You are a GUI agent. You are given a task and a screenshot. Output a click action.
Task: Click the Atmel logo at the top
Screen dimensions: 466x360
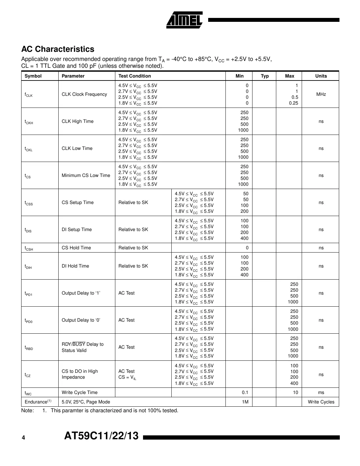[184, 20]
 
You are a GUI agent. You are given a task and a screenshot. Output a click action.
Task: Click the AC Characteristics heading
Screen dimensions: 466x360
[58, 49]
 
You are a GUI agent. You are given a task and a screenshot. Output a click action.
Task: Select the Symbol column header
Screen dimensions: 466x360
[33, 76]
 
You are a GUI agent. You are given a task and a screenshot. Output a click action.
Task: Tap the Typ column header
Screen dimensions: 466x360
[265, 76]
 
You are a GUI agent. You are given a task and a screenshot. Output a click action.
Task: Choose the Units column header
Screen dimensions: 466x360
[321, 76]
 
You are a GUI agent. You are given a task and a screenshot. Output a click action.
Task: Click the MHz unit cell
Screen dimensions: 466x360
[321, 94]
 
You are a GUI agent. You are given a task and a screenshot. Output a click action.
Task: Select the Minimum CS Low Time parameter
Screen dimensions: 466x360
[86, 175]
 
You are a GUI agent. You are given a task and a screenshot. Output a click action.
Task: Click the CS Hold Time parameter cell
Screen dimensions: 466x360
[76, 248]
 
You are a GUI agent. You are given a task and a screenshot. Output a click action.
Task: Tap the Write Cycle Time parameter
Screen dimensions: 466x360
[79, 392]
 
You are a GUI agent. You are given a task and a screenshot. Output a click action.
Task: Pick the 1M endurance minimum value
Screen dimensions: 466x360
[245, 402]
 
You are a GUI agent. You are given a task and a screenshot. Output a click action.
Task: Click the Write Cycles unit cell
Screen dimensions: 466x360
[321, 402]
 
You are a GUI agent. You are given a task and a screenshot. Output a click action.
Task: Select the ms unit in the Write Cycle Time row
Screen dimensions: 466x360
[321, 392]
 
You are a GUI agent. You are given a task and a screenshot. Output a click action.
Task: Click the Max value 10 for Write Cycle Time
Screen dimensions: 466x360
[295, 392]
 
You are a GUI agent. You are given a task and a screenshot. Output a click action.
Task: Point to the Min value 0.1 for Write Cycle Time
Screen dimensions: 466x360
[245, 392]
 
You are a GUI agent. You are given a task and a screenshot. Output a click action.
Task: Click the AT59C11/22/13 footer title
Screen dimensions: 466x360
[101, 436]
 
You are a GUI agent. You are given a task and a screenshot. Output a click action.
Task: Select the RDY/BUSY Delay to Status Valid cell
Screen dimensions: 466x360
[82, 347]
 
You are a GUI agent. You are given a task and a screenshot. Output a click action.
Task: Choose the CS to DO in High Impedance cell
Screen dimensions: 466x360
[79, 374]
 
